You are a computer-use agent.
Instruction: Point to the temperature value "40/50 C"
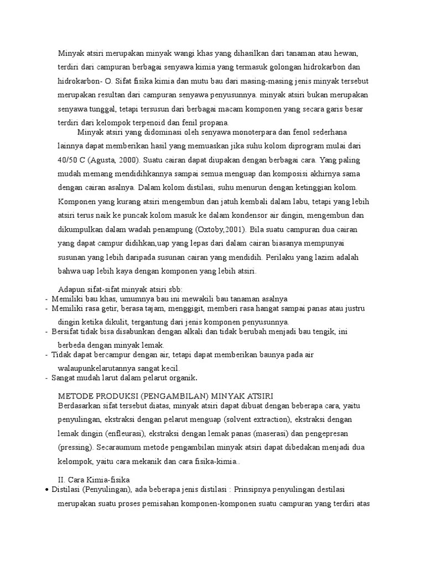tap(71, 160)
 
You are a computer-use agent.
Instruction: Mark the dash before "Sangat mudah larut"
tap(46, 378)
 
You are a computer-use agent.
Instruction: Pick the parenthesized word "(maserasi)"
tap(266, 433)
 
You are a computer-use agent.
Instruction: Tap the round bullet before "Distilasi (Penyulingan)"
tap(46, 490)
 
